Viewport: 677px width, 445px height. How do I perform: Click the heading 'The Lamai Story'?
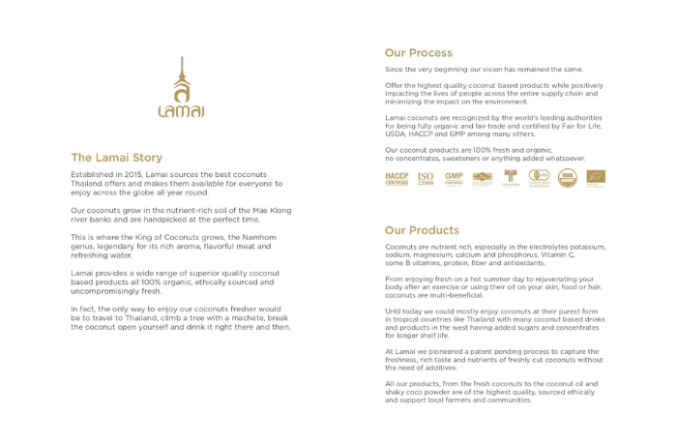tap(116, 158)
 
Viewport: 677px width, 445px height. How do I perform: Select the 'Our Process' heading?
tap(418, 53)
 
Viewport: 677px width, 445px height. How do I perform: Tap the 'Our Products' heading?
tap(422, 230)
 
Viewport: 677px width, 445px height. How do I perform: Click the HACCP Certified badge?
tap(397, 178)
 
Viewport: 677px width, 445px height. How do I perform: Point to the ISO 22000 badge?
tap(426, 178)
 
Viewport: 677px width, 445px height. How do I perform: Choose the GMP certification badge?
tap(454, 178)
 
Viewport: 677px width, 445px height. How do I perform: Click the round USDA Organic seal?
tap(568, 178)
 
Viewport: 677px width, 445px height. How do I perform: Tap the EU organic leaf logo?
tap(596, 178)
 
